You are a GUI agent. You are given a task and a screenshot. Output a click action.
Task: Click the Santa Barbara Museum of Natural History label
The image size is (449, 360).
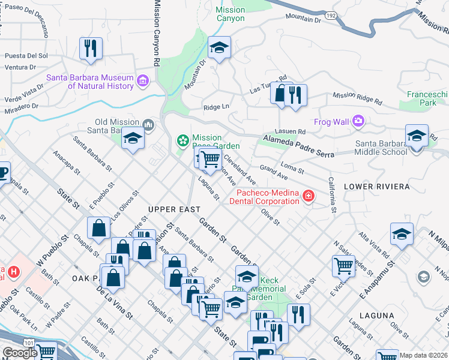click(x=90, y=82)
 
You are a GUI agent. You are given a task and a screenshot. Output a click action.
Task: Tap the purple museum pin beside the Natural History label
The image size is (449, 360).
click(x=143, y=80)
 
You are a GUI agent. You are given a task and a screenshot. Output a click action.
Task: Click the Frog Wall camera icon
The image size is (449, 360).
click(x=358, y=122)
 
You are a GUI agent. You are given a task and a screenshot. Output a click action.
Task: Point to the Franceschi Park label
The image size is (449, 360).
click(x=428, y=98)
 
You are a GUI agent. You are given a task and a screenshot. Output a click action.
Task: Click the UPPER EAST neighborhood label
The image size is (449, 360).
click(x=174, y=209)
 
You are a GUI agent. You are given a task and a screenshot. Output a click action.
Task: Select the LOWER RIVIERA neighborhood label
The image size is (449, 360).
click(x=376, y=187)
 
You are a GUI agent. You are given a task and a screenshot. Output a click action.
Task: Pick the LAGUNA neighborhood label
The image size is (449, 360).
click(x=376, y=315)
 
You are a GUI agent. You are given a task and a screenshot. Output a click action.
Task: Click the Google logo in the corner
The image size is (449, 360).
click(x=20, y=353)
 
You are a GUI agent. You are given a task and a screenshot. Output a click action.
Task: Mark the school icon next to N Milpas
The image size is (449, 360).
click(x=402, y=234)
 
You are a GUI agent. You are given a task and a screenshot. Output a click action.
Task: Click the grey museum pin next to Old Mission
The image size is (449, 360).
click(x=149, y=125)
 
